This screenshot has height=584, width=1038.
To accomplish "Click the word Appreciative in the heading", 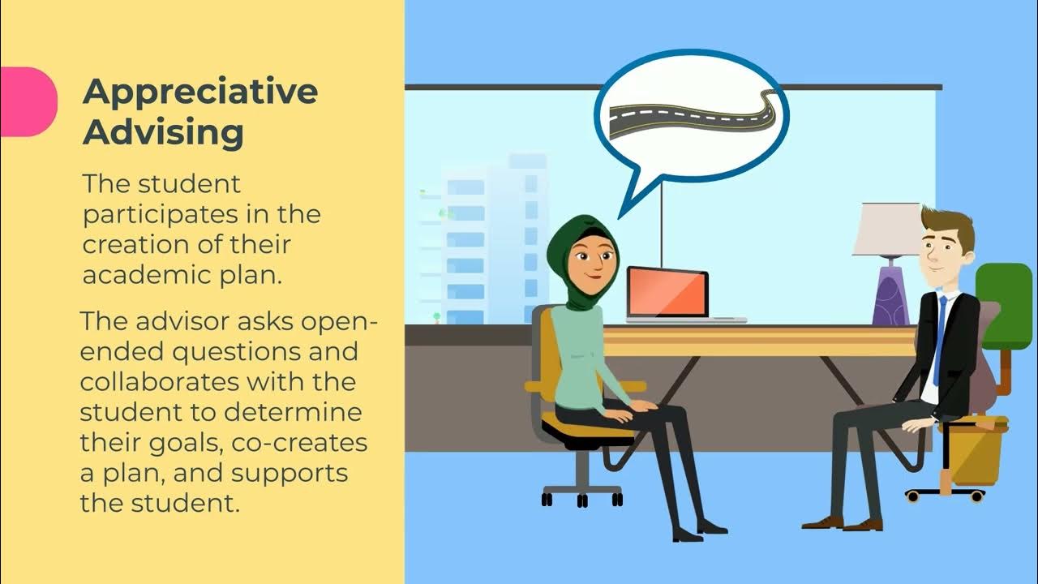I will [199, 92].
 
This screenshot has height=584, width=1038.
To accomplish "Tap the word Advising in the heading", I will [163, 132].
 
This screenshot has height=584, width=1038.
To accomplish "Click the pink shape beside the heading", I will [28, 101].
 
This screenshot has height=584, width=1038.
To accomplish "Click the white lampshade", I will [888, 229].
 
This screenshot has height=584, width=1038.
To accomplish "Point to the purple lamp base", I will [890, 294].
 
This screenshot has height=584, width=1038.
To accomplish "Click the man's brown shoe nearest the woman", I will [823, 522].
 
